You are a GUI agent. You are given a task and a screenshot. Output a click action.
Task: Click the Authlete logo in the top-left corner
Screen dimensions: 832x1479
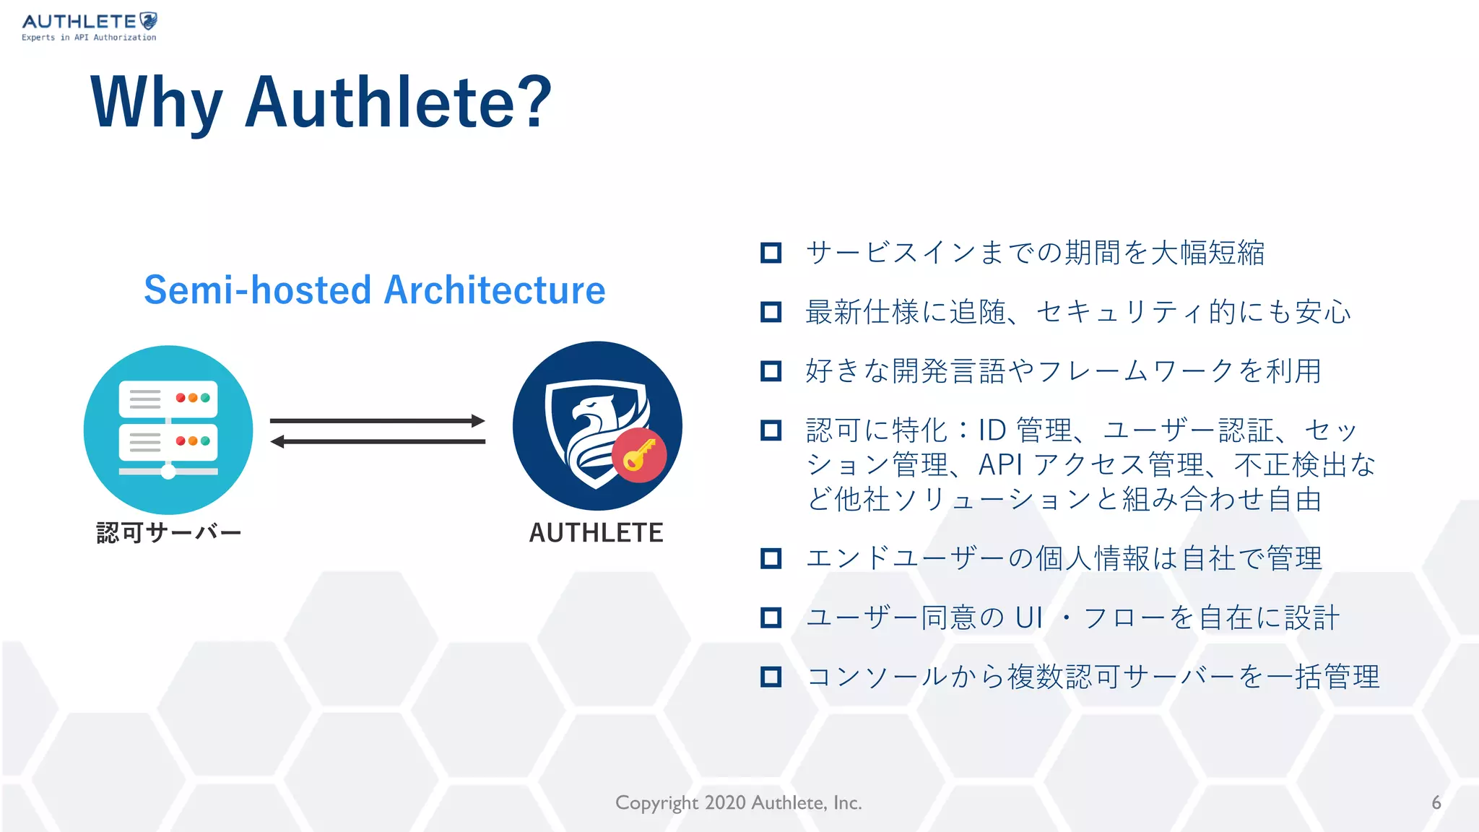pyautogui.click(x=89, y=27)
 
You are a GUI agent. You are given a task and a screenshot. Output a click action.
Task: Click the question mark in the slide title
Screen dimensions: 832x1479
pyautogui.click(x=534, y=103)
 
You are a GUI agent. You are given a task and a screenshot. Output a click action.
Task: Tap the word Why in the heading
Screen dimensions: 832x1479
pyautogui.click(x=156, y=103)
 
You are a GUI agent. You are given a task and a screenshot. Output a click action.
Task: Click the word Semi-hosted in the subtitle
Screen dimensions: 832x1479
pyautogui.click(x=258, y=290)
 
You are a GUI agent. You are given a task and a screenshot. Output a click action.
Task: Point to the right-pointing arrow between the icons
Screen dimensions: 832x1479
pyautogui.click(x=377, y=420)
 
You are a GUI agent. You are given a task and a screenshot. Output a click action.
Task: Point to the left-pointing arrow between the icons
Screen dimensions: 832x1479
pyautogui.click(x=377, y=441)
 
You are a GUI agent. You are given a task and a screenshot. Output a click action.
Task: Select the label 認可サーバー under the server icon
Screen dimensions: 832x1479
pyautogui.click(x=169, y=533)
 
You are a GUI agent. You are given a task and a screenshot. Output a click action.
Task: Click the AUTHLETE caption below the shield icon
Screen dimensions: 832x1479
pyautogui.click(x=596, y=533)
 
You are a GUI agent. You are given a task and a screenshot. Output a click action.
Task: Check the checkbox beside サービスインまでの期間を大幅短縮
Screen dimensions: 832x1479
pyautogui.click(x=771, y=253)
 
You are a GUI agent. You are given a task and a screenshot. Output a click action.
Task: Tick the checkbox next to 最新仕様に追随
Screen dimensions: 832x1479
pyautogui.click(x=771, y=312)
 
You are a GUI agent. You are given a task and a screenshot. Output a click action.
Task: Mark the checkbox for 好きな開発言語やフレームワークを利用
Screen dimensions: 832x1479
pyautogui.click(x=771, y=371)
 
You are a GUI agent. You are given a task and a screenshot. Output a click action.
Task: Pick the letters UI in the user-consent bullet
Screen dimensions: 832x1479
pyautogui.click(x=1028, y=618)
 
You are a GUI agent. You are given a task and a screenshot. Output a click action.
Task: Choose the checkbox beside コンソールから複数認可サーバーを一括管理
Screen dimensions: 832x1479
pyautogui.click(x=771, y=677)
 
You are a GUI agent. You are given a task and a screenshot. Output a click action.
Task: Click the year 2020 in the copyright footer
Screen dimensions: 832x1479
pyautogui.click(x=725, y=803)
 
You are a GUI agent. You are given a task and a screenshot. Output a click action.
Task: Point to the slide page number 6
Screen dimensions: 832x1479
pyautogui.click(x=1436, y=803)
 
